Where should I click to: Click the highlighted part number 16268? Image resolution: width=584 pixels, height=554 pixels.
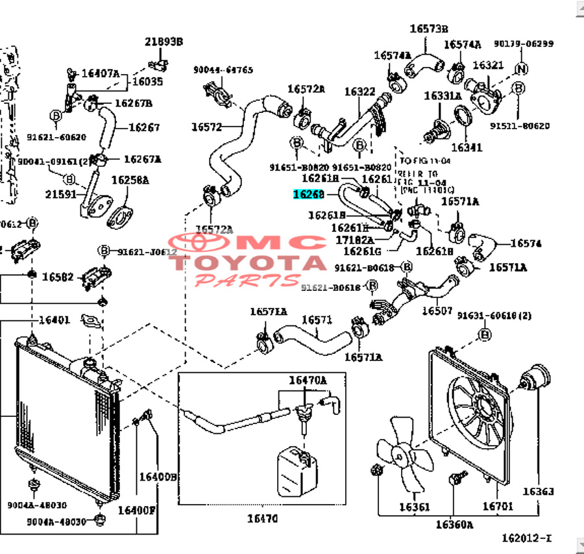tap(308, 194)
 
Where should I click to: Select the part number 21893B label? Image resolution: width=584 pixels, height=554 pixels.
tap(163, 42)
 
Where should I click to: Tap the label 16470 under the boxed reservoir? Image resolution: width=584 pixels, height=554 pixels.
tap(262, 518)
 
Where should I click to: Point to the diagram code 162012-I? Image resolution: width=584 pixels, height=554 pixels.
tap(526, 538)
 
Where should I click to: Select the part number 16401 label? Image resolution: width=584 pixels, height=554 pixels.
tap(54, 320)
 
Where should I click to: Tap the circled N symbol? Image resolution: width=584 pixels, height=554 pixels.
tap(520, 69)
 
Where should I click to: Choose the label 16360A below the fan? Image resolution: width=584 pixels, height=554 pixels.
tap(454, 524)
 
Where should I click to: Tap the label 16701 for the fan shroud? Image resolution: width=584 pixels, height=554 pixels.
tap(497, 507)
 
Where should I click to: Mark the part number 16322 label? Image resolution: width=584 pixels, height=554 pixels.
tap(359, 92)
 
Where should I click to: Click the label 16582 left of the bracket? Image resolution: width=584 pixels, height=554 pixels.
tap(58, 277)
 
